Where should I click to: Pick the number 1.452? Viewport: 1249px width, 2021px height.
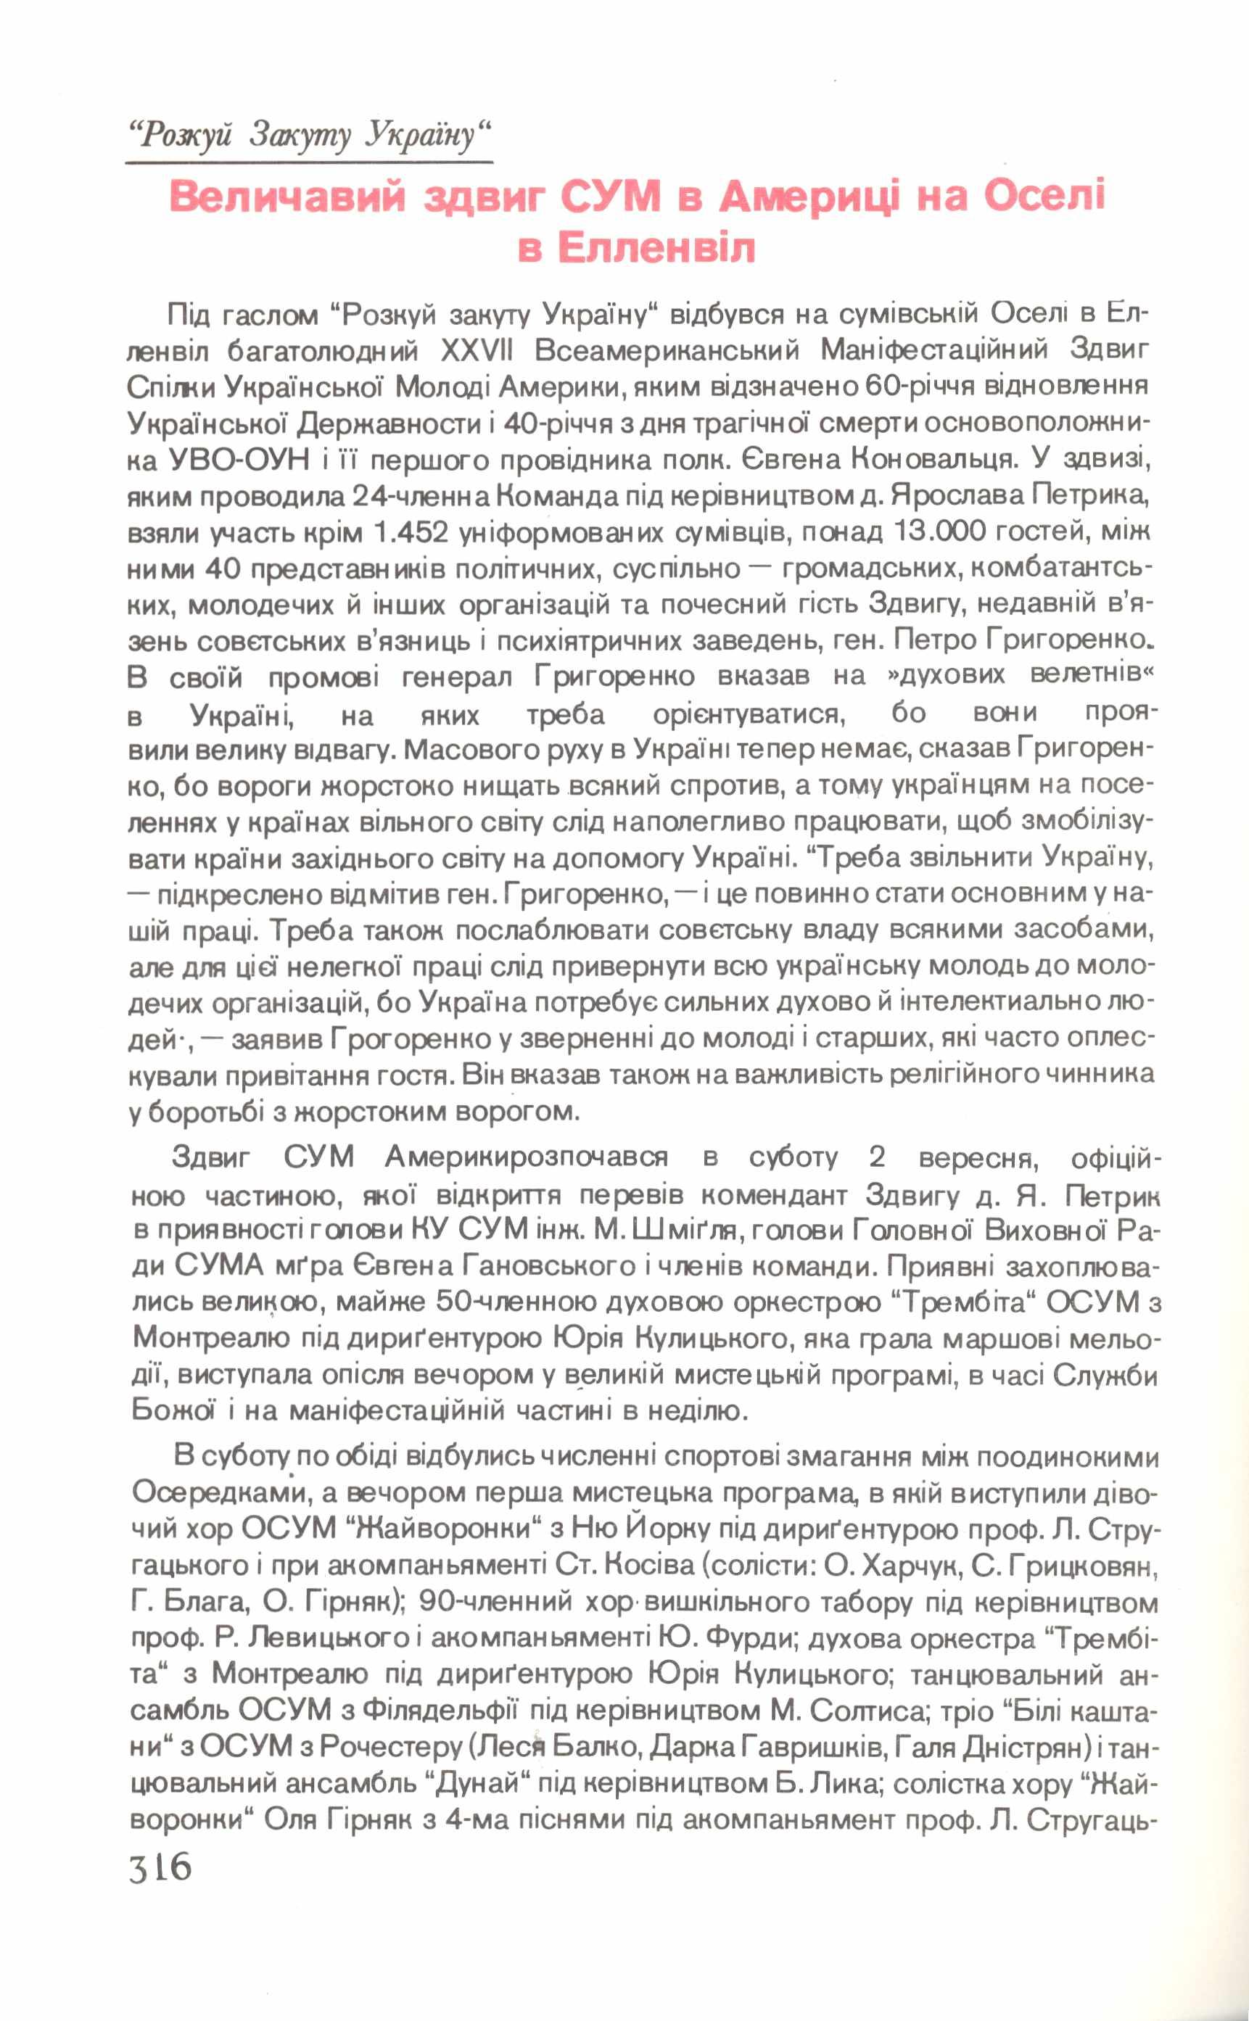coord(411,533)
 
